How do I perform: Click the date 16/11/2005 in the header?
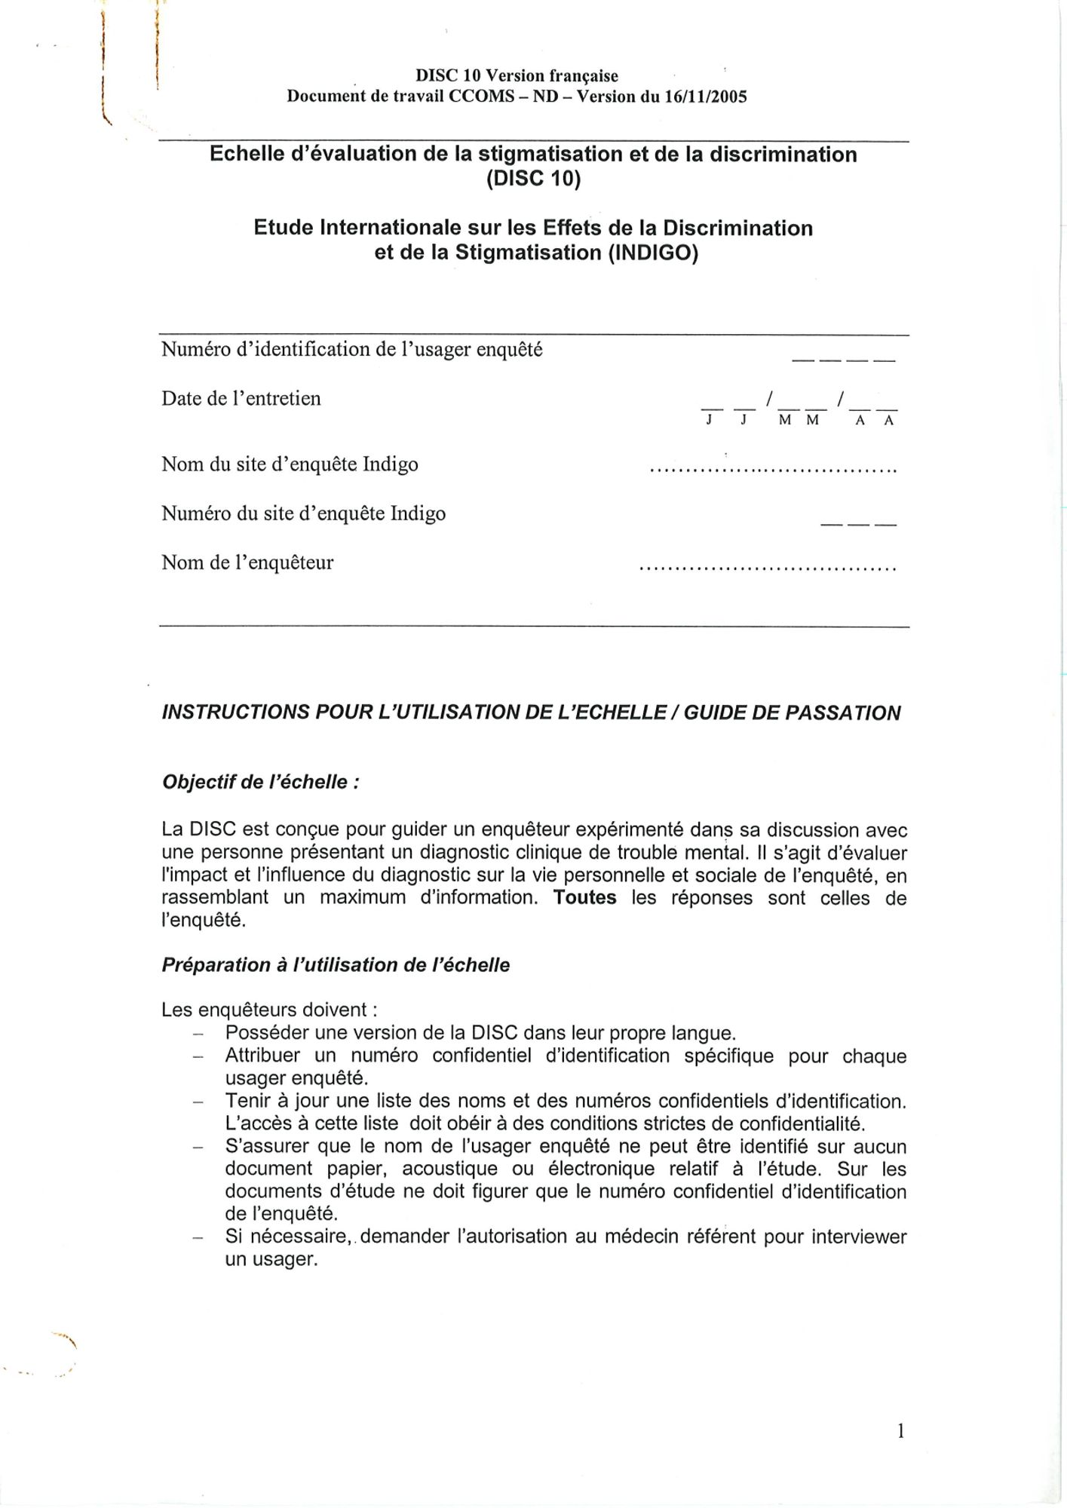coord(705,97)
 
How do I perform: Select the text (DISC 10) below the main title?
coord(533,179)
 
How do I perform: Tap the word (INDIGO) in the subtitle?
coord(653,253)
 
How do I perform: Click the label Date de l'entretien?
coord(241,399)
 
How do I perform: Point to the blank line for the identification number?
coord(842,360)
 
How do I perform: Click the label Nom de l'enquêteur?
coord(247,562)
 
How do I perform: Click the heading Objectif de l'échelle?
coord(259,782)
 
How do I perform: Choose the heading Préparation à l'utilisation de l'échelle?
coord(336,965)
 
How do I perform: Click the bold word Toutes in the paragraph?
coord(584,898)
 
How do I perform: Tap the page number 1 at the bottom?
coord(900,1431)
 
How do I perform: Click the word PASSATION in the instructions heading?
coord(843,713)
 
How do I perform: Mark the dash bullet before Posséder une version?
coord(198,1034)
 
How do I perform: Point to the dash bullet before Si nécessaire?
coord(198,1238)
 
